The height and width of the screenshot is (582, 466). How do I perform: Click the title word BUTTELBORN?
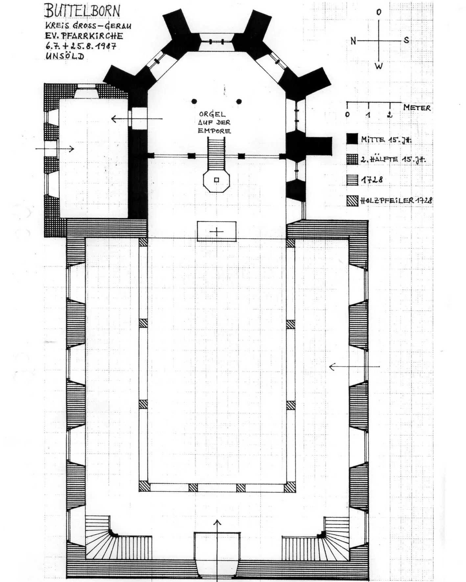(x=82, y=11)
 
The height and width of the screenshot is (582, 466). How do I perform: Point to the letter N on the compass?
(x=353, y=41)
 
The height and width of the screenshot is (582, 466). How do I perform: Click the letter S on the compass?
(x=407, y=40)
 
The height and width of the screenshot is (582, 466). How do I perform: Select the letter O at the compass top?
(x=379, y=12)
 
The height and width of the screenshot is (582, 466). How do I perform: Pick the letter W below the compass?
(x=379, y=66)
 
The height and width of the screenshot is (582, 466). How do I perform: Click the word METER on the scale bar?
(x=417, y=108)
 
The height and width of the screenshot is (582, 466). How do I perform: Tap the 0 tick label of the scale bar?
(x=347, y=115)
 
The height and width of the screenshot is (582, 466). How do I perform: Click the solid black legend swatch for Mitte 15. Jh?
(x=352, y=139)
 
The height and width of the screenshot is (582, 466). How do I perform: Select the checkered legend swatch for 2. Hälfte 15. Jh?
(x=352, y=159)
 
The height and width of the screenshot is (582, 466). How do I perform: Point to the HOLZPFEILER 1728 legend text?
(x=396, y=200)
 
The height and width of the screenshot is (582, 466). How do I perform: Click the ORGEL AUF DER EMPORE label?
(x=214, y=123)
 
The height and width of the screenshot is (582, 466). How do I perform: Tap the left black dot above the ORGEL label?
(x=194, y=101)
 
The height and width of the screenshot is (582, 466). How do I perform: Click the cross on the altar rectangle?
(x=217, y=232)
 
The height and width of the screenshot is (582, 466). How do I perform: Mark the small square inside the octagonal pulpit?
(x=216, y=180)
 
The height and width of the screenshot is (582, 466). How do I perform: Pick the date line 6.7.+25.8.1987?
(x=81, y=46)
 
